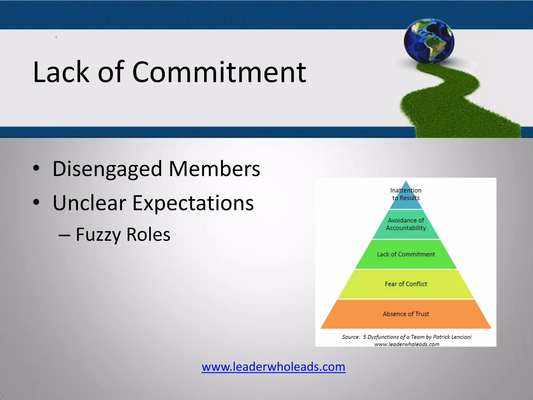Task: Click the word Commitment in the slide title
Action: [219, 72]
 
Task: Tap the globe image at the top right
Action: [429, 41]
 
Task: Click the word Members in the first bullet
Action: [214, 169]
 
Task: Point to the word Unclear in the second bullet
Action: [89, 203]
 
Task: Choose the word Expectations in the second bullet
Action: [193, 203]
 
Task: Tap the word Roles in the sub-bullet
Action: [148, 234]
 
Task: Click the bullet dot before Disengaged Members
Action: [36, 168]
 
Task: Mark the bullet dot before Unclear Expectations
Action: [36, 202]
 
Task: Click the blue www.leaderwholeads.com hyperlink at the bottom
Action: [273, 367]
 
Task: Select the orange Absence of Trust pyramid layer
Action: [406, 314]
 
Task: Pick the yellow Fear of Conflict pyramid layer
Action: [406, 284]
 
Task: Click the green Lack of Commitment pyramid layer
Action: [406, 254]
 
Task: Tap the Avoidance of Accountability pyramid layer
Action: [406, 224]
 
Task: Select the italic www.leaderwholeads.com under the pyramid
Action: [407, 344]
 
